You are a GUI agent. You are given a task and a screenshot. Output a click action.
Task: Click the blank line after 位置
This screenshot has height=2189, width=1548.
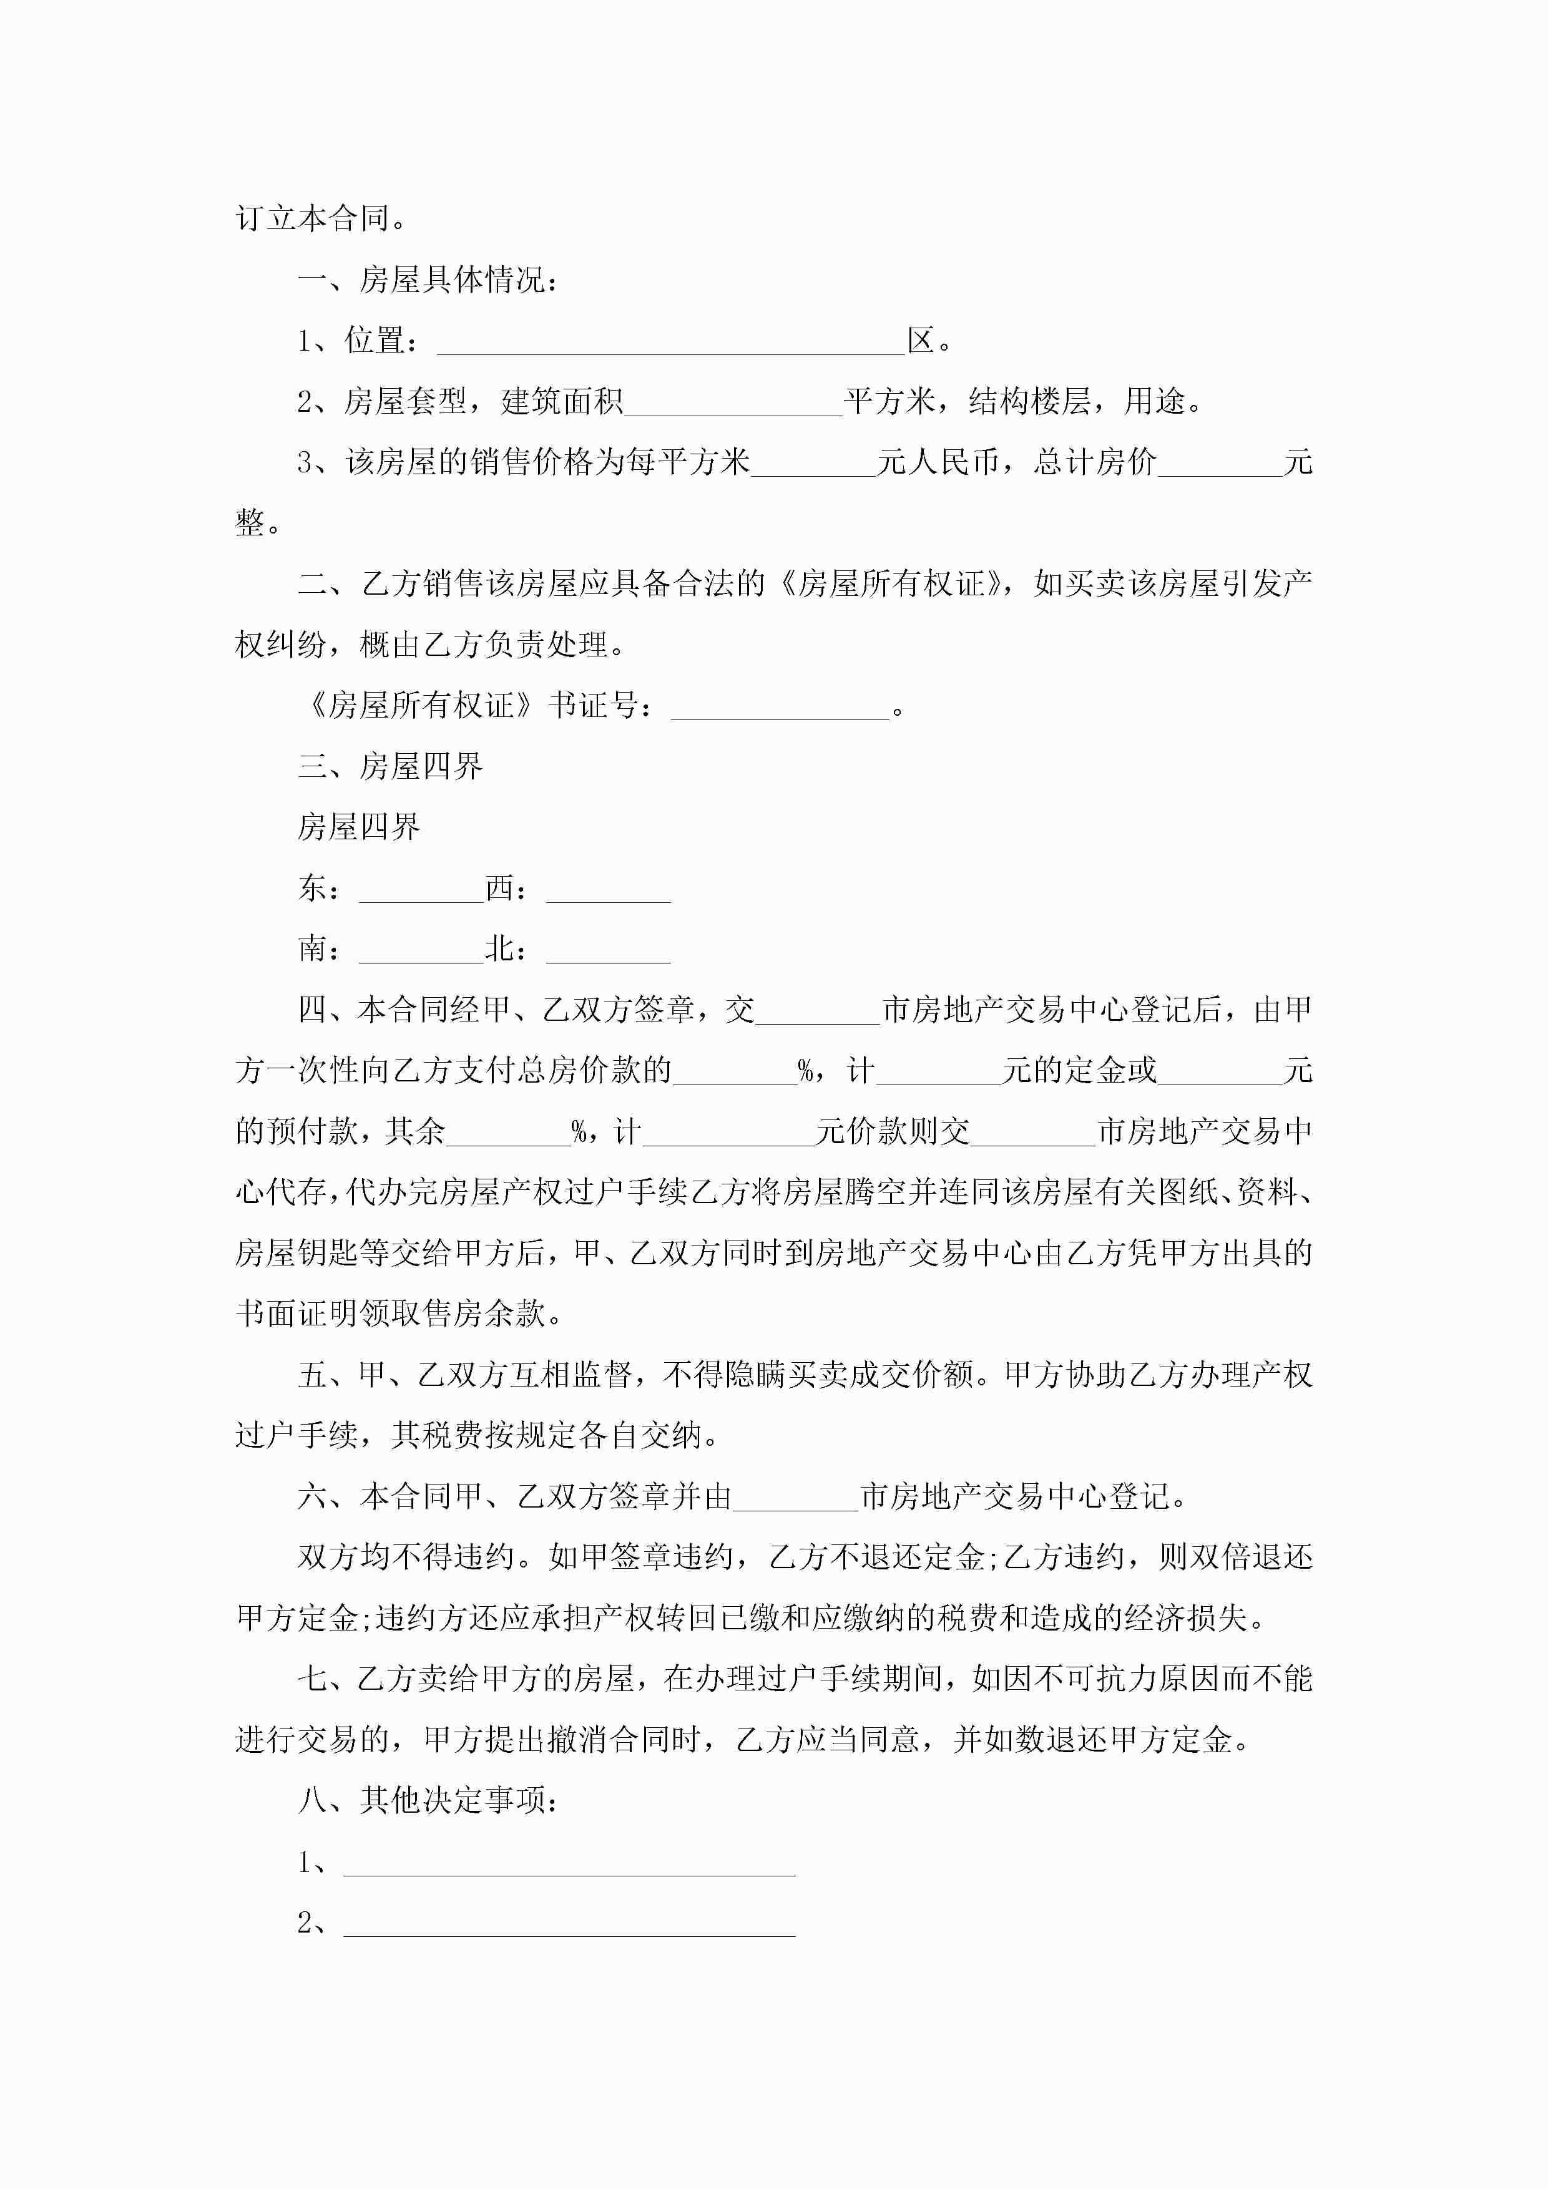point(670,343)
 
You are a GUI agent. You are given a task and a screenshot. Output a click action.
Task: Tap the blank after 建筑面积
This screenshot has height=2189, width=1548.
point(733,404)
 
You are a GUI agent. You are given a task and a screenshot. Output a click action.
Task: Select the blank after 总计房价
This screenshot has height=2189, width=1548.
point(1220,466)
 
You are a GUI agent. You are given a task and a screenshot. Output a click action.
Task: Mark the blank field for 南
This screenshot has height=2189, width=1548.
point(421,952)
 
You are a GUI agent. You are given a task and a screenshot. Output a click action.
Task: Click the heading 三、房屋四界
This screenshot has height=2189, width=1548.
point(390,766)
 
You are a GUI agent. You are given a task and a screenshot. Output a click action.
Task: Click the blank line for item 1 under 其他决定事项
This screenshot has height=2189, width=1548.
point(569,1864)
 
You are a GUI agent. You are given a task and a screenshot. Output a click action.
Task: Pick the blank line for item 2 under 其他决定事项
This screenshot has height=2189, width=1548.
point(569,1925)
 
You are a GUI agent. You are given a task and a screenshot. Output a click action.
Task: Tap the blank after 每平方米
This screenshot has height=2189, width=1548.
point(813,466)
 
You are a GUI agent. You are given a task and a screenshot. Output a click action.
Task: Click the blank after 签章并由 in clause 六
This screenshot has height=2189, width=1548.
point(795,1499)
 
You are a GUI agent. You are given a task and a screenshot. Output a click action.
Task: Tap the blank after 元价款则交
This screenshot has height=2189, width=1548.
point(1033,1134)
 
